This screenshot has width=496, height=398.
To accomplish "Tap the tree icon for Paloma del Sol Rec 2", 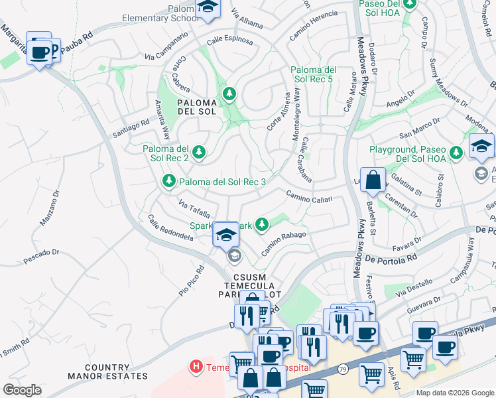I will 198,153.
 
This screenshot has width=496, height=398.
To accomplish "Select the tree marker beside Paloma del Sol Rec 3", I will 169,181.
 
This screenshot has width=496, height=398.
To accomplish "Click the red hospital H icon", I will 196,365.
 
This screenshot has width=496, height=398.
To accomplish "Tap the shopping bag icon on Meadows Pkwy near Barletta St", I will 374,179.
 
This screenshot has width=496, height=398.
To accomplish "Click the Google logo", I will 22,390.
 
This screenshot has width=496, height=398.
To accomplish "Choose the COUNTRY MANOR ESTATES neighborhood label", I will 117,371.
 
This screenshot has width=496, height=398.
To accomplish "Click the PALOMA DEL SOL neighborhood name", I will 197,107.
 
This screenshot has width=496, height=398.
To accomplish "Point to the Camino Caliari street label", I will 308,196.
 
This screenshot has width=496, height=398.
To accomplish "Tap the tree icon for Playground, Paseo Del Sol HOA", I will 456,153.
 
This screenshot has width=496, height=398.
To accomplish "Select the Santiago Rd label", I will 131,125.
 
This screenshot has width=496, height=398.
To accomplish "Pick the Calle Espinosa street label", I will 229,40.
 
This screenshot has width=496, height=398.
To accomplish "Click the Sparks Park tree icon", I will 263,226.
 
